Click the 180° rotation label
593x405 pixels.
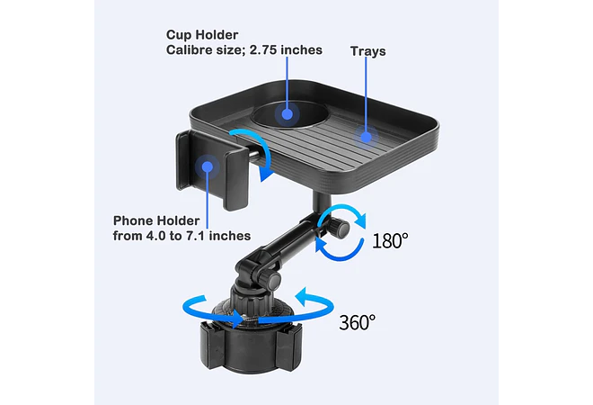click(390, 240)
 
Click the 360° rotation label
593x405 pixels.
click(358, 322)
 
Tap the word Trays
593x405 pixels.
click(368, 51)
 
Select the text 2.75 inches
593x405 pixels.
click(286, 50)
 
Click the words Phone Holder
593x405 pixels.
click(156, 220)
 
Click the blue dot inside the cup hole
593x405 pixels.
click(287, 114)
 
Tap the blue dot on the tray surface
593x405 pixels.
click(366, 137)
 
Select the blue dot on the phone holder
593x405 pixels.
click(208, 166)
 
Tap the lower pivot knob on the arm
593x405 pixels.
click(273, 281)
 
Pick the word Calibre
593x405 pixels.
click(190, 50)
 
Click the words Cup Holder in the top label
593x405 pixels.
click(202, 35)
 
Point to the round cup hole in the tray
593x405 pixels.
click(289, 114)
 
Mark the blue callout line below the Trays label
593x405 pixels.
click(366, 94)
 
